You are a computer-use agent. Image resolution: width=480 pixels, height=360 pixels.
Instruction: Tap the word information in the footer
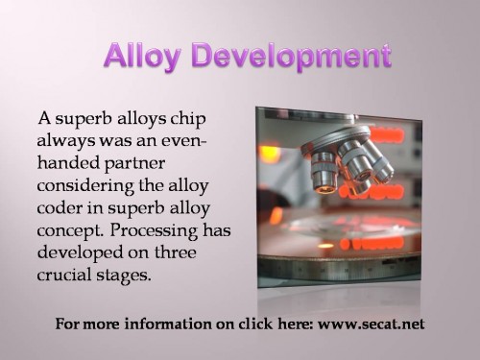pos(153,324)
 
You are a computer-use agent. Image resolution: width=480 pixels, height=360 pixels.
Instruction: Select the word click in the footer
pos(238,324)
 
